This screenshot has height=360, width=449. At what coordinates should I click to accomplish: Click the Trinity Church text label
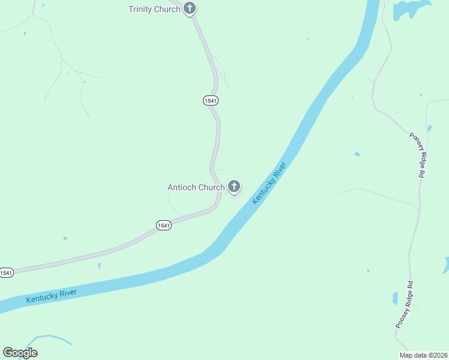pyautogui.click(x=154, y=9)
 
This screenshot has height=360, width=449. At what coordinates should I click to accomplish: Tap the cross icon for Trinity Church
pyautogui.click(x=190, y=8)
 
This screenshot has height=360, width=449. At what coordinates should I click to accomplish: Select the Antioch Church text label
pyautogui.click(x=196, y=187)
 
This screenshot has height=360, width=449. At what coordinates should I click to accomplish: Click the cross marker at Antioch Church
pyautogui.click(x=234, y=187)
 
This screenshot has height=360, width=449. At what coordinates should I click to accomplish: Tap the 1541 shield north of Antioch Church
pyautogui.click(x=210, y=101)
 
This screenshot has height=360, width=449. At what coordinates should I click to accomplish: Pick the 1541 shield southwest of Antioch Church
pyautogui.click(x=163, y=225)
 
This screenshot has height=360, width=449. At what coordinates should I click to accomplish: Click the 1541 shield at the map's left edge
pyautogui.click(x=6, y=273)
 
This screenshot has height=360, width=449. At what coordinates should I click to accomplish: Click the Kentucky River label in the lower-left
pyautogui.click(x=51, y=296)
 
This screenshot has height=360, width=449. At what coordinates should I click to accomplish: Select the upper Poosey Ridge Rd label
pyautogui.click(x=417, y=154)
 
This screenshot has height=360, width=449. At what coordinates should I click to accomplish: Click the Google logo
pyautogui.click(x=20, y=353)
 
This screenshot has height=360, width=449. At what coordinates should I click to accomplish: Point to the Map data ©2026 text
pyautogui.click(x=423, y=355)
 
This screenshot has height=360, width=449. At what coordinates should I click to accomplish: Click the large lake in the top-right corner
pyautogui.click(x=410, y=8)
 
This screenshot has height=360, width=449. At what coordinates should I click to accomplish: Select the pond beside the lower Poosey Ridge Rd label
pyautogui.click(x=394, y=298)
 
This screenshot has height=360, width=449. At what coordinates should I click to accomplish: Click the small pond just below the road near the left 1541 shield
pyautogui.click(x=99, y=265)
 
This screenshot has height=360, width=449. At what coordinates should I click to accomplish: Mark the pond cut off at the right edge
pyautogui.click(x=446, y=265)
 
